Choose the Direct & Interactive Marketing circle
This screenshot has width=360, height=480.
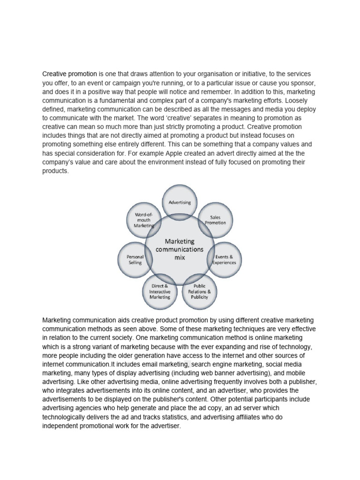(x=159, y=291)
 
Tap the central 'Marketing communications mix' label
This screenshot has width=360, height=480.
(x=180, y=249)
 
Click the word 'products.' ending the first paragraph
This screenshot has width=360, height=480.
(x=55, y=171)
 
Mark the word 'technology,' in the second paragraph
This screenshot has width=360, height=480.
(x=294, y=346)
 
